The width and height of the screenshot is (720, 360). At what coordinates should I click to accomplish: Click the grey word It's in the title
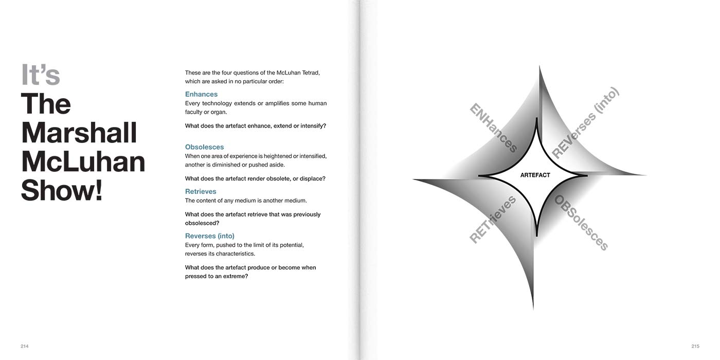41,75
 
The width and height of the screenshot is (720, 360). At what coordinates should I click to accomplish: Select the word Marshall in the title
79,133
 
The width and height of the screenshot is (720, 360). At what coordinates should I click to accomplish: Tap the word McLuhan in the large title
83,161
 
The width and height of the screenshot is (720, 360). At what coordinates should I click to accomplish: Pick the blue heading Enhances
201,94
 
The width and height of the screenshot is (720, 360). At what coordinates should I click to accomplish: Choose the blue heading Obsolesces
204,147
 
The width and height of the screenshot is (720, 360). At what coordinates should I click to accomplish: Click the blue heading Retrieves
201,191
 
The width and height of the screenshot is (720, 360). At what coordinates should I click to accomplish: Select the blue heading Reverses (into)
210,236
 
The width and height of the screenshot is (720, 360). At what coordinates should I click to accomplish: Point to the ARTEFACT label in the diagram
535,175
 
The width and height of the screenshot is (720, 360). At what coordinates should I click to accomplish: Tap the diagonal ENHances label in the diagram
493,128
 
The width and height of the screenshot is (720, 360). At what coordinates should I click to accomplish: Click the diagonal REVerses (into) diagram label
585,123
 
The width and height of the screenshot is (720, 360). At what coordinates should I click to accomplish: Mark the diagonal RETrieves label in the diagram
493,220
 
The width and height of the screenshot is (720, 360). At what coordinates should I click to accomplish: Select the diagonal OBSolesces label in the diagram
581,223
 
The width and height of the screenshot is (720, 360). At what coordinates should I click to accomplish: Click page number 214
25,347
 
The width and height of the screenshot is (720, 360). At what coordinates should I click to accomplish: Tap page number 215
695,347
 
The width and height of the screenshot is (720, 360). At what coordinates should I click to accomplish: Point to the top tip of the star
539,67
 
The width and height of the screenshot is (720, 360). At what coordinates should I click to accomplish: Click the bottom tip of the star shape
533,308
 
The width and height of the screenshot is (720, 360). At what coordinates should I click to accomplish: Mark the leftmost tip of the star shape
415,179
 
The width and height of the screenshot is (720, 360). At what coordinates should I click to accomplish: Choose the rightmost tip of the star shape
645,175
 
